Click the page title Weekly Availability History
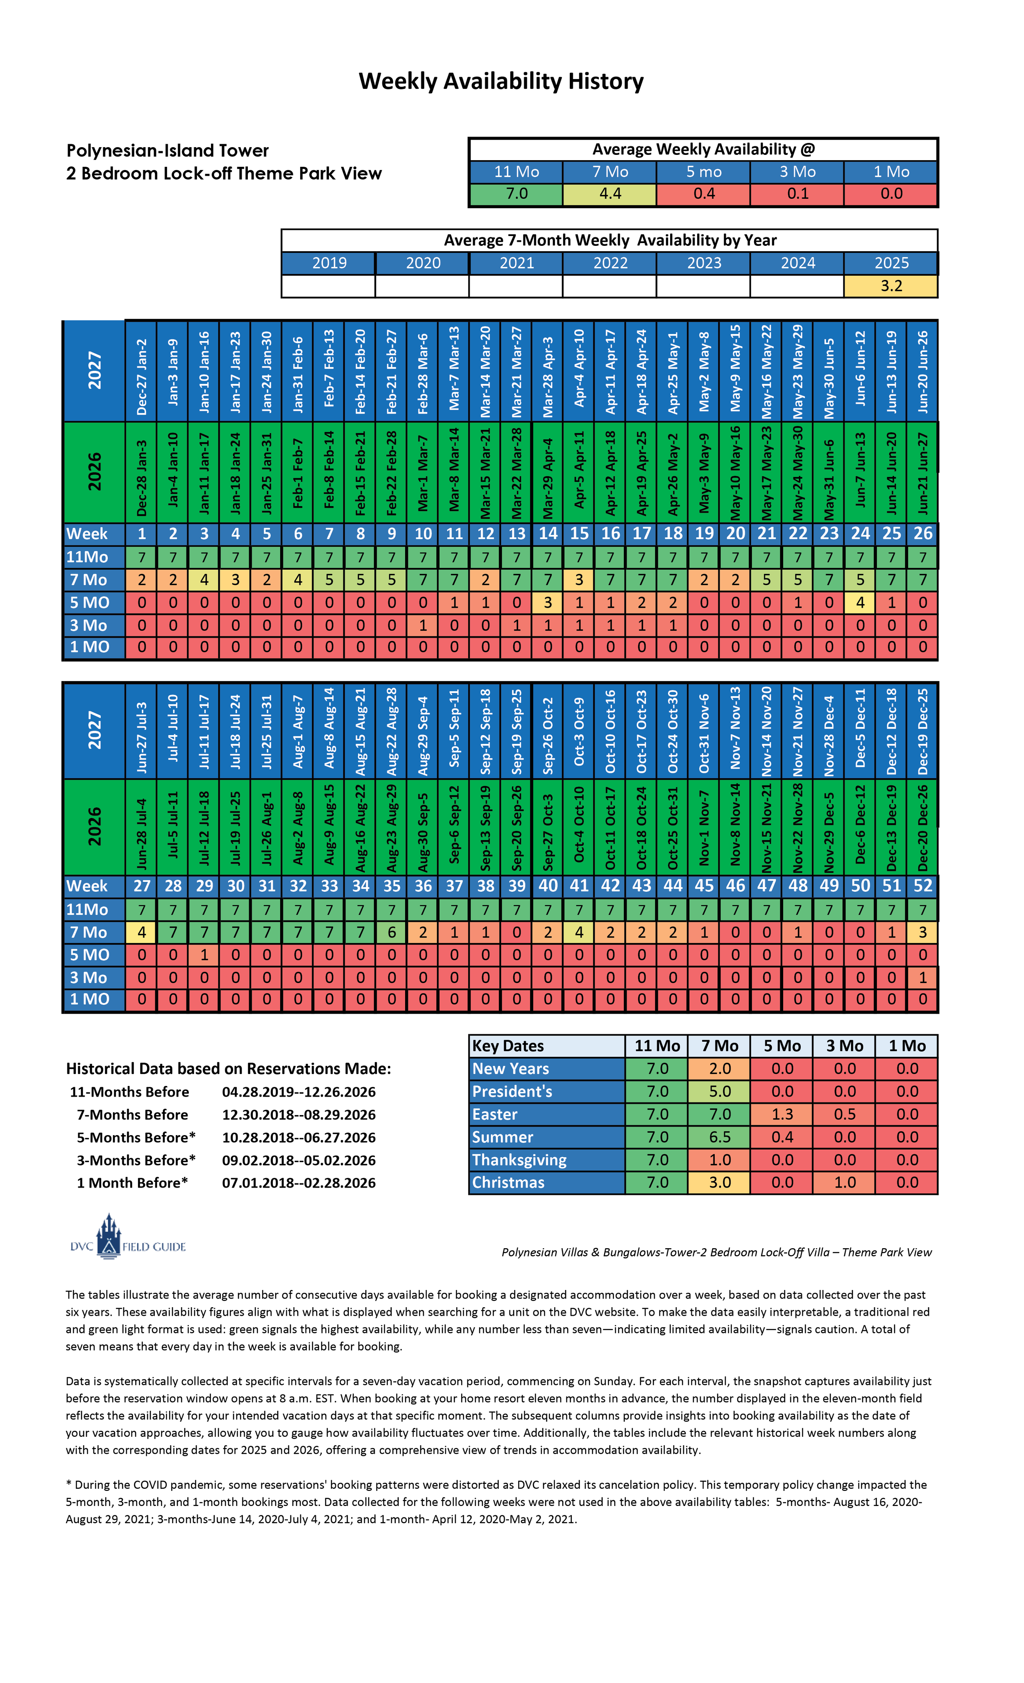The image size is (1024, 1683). pos(501,81)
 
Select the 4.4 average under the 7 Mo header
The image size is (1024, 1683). pos(609,194)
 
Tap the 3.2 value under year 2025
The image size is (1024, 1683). pos(891,286)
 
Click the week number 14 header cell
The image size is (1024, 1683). pos(548,534)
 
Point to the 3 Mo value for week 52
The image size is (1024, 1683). pos(922,977)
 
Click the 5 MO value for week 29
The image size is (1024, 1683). pos(204,955)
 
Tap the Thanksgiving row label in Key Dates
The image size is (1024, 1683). pos(519,1160)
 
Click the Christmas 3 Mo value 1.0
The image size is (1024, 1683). pos(845,1182)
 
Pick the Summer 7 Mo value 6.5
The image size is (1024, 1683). pos(720,1137)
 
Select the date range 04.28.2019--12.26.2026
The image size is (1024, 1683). pos(298,1092)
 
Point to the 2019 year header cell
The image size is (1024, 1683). pos(329,263)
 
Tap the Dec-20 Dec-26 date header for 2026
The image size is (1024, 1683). pos(922,827)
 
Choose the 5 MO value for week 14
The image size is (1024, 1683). pos(548,602)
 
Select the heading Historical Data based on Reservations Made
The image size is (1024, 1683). pos(229,1068)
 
